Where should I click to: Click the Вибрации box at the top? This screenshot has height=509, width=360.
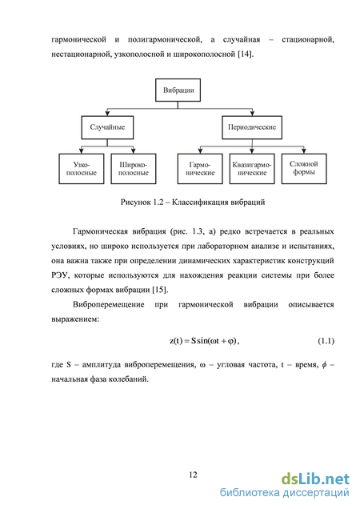pyautogui.click(x=178, y=90)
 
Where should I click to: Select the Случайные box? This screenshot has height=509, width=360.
pyautogui.click(x=107, y=127)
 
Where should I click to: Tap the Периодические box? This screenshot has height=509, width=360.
pyautogui.click(x=252, y=127)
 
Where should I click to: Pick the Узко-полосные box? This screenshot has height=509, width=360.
pyautogui.click(x=82, y=169)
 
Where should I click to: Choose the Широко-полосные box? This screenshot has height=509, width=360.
pyautogui.click(x=134, y=169)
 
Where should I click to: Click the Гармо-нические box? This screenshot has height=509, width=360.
pyautogui.click(x=200, y=169)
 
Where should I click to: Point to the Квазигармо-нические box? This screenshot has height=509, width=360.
pyautogui.click(x=252, y=169)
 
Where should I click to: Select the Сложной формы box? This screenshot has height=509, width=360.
pyautogui.click(x=304, y=169)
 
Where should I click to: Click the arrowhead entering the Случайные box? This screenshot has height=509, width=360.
pyautogui.click(x=107, y=114)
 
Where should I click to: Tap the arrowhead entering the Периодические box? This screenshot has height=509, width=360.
pyautogui.click(x=252, y=114)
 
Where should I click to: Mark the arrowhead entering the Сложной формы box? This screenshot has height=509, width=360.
pyautogui.click(x=304, y=151)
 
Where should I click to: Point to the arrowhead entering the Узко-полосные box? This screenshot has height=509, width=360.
pyautogui.click(x=82, y=151)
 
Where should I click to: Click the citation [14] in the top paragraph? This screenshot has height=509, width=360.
pyautogui.click(x=245, y=54)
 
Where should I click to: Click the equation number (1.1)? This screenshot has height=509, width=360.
pyautogui.click(x=326, y=341)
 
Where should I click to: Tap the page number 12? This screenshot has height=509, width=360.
pyautogui.click(x=193, y=475)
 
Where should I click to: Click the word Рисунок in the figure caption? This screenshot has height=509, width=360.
pyautogui.click(x=135, y=202)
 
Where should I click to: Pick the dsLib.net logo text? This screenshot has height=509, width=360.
pyautogui.click(x=315, y=479)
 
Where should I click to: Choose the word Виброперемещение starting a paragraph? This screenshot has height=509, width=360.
pyautogui.click(x=109, y=305)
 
